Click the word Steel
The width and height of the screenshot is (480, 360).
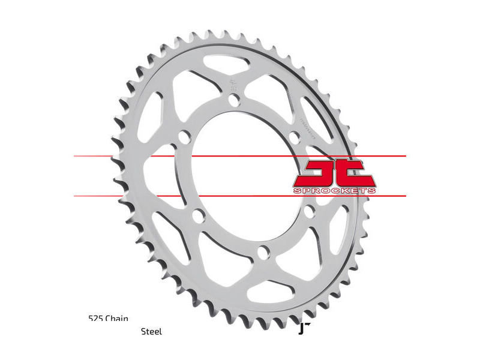pyautogui.click(x=151, y=331)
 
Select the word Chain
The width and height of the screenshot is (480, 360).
pyautogui.click(x=116, y=319)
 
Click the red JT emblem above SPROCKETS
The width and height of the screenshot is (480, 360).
pyautogui.click(x=334, y=173)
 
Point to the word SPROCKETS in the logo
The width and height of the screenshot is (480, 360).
pyautogui.click(x=334, y=190)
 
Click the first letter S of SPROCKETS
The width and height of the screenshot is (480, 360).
pyautogui.click(x=296, y=190)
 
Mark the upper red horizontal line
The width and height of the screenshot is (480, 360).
pyautogui.click(x=240, y=156)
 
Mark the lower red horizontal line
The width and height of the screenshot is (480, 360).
pyautogui.click(x=240, y=196)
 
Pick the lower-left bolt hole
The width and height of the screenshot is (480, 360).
pyautogui.click(x=197, y=218)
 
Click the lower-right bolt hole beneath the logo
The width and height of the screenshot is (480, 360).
pyautogui.click(x=308, y=212)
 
